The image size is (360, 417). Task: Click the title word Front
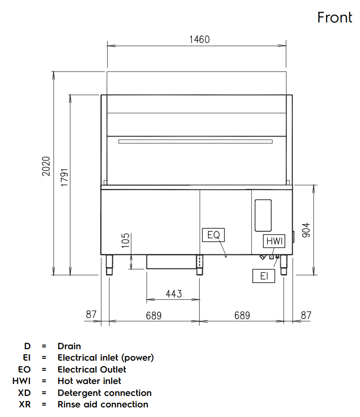point(335,17)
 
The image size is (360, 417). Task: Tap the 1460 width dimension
point(199,39)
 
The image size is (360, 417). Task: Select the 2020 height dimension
point(46,166)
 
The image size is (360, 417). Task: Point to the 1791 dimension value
point(64,177)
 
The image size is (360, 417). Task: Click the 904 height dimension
point(306,230)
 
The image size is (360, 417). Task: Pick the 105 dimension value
point(125,241)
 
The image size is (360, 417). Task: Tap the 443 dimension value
point(174,294)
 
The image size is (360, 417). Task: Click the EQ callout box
point(213,235)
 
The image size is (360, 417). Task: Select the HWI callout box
point(274,241)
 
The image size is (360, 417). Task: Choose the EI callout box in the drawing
point(264,276)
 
